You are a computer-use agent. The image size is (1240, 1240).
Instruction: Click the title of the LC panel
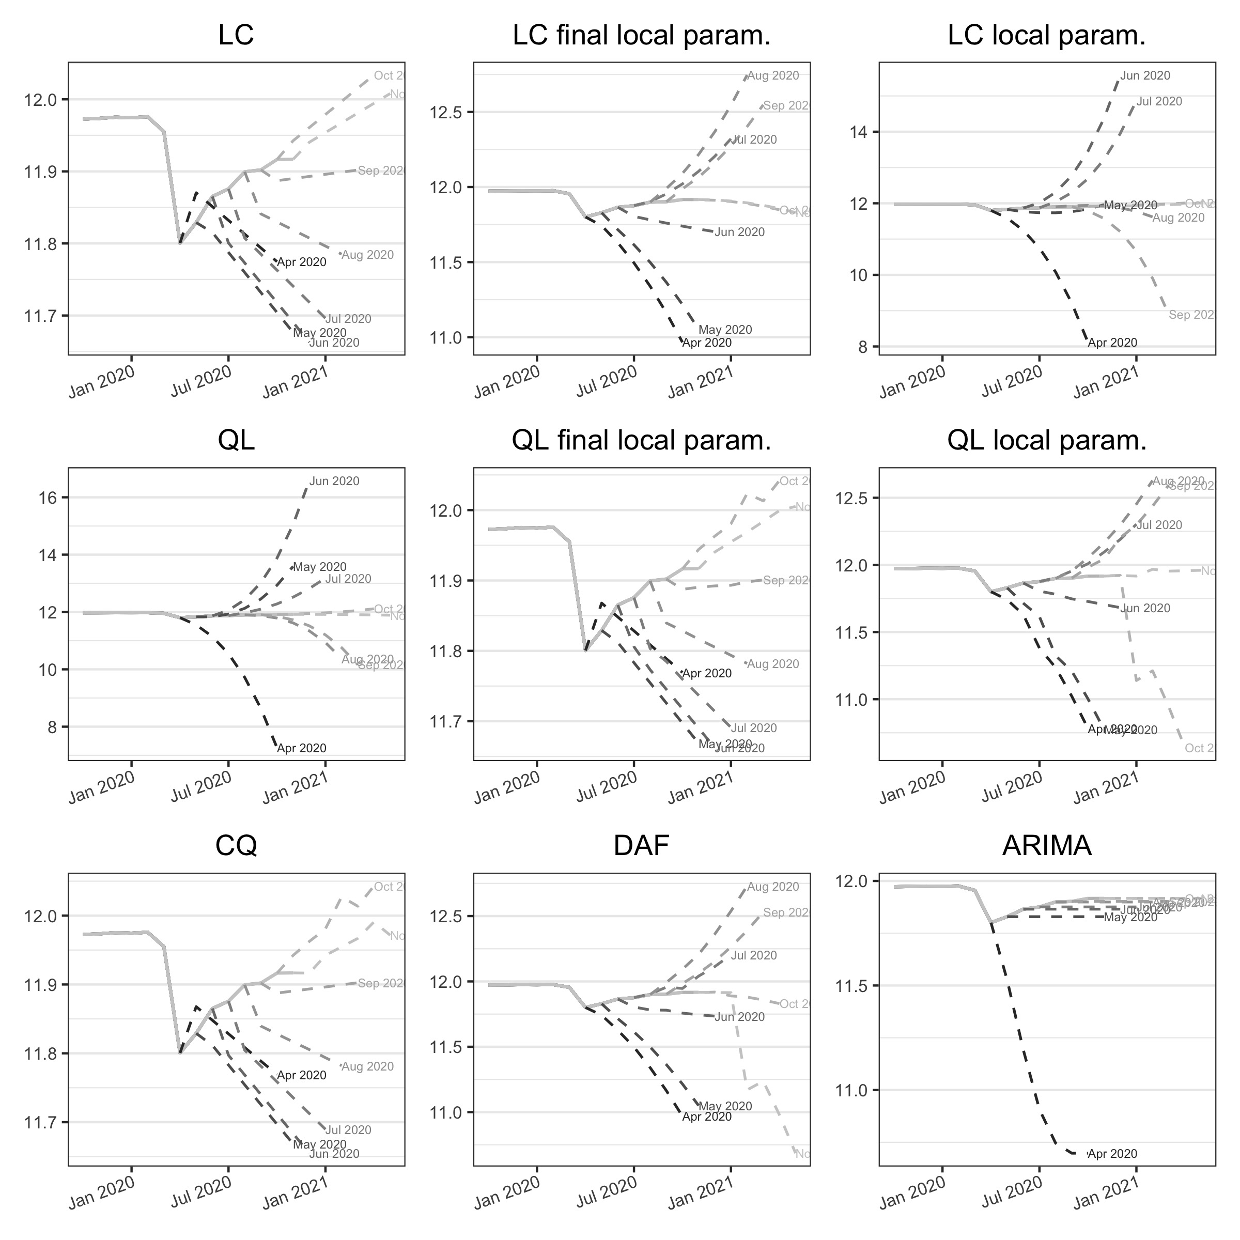236,35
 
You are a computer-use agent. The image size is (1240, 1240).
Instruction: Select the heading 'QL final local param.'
641,441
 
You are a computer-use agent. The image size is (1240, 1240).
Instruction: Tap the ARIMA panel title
1047,846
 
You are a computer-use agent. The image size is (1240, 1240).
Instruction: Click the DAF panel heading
641,846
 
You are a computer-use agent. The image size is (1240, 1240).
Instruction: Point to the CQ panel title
236,846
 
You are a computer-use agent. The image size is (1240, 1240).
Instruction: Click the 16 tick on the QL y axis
50,498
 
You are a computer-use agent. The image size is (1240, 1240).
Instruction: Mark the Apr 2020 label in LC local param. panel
1112,343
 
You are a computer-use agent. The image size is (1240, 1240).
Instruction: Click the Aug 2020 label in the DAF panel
773,887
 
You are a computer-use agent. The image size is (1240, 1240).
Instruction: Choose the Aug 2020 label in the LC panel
368,255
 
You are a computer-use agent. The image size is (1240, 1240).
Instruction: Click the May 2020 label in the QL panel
320,567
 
